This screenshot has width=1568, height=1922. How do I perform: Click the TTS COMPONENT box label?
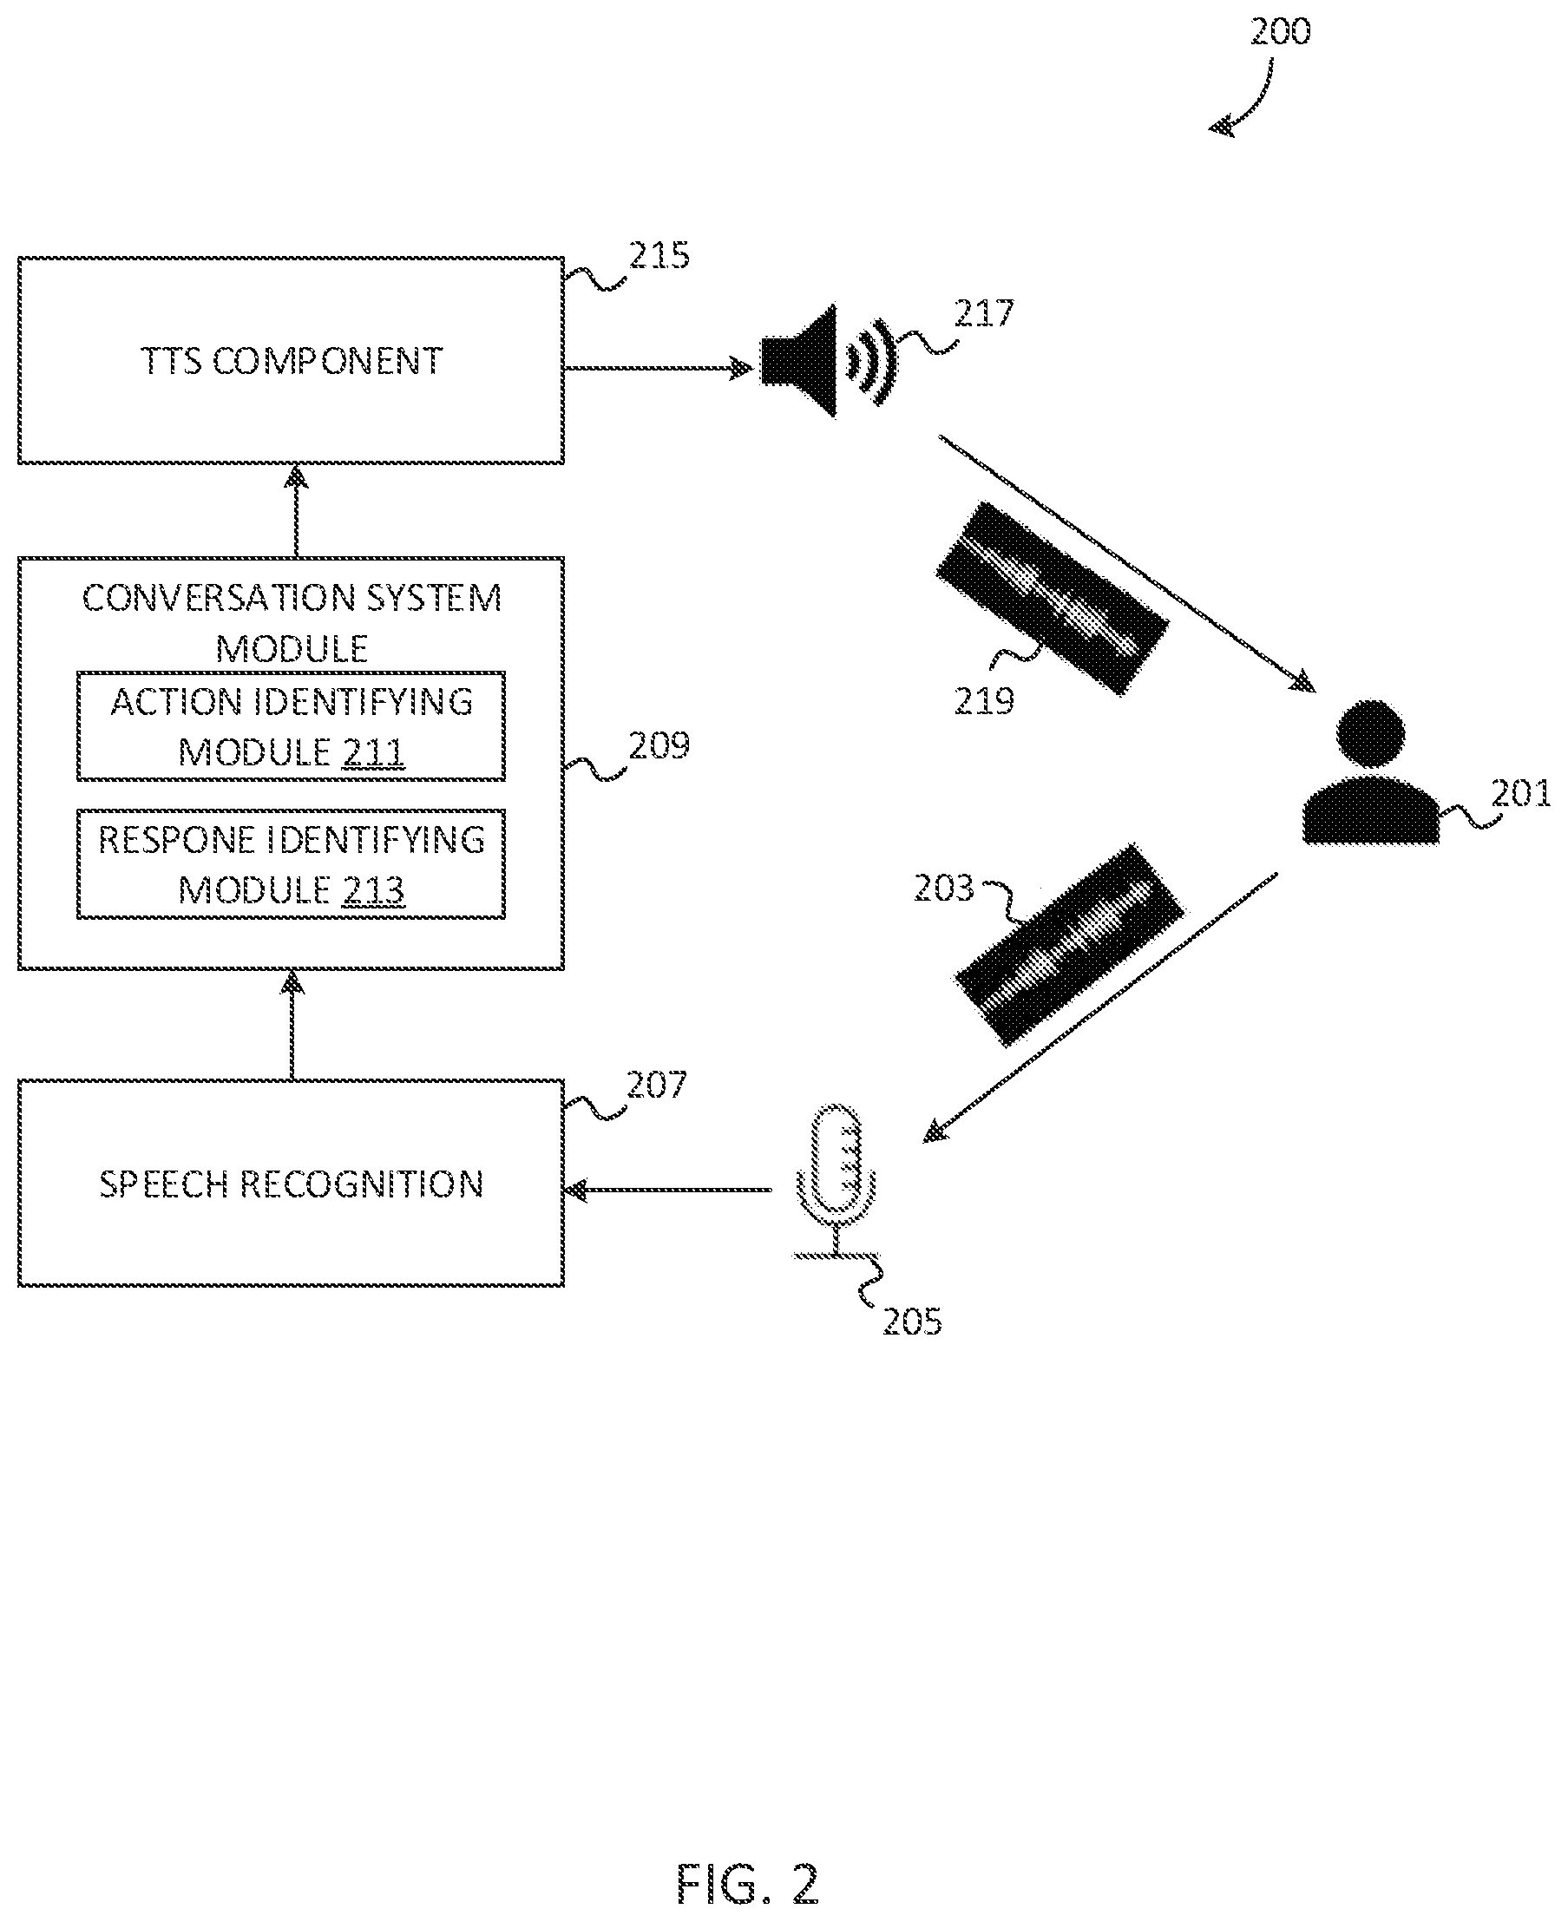291,361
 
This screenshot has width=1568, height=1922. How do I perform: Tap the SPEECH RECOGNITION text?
291,1184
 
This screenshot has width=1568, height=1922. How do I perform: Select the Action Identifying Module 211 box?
291,726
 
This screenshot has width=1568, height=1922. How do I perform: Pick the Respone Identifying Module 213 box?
291,864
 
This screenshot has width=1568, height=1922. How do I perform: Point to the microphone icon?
836,1178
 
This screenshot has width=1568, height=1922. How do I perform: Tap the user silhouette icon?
1370,772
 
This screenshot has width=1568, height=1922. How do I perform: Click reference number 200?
1280,31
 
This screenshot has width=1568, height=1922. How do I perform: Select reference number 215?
659,256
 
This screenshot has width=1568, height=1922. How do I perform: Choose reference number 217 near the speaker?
985,313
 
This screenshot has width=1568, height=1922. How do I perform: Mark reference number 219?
985,701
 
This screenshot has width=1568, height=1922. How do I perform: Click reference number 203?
944,889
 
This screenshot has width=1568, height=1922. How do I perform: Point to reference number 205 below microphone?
912,1322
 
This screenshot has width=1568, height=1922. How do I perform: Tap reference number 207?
657,1085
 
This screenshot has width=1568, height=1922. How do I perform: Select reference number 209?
659,746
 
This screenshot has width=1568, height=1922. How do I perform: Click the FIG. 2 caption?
748,1885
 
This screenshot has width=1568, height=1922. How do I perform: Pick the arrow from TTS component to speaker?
659,368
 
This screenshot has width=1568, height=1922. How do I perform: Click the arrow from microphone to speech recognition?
667,1190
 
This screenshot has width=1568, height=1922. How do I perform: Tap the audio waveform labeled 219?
1053,598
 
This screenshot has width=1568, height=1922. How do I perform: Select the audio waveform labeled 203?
1069,946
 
